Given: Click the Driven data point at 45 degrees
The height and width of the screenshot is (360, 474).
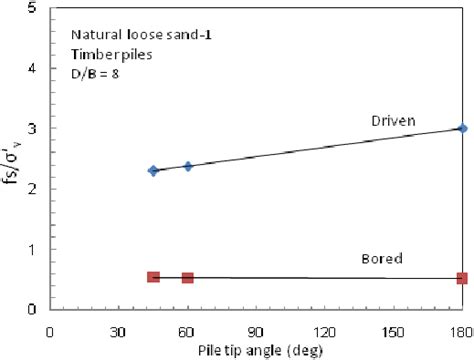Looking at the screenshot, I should [153, 171].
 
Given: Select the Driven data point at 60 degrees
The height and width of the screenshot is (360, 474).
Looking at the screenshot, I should [187, 166].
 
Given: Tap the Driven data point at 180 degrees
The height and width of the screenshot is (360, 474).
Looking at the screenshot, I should [461, 128].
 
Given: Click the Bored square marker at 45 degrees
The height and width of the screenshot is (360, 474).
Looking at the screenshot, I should [153, 276].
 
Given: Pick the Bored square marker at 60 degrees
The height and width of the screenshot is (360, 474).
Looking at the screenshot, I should [187, 277].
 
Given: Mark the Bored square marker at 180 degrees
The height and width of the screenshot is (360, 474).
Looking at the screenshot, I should [461, 278].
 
